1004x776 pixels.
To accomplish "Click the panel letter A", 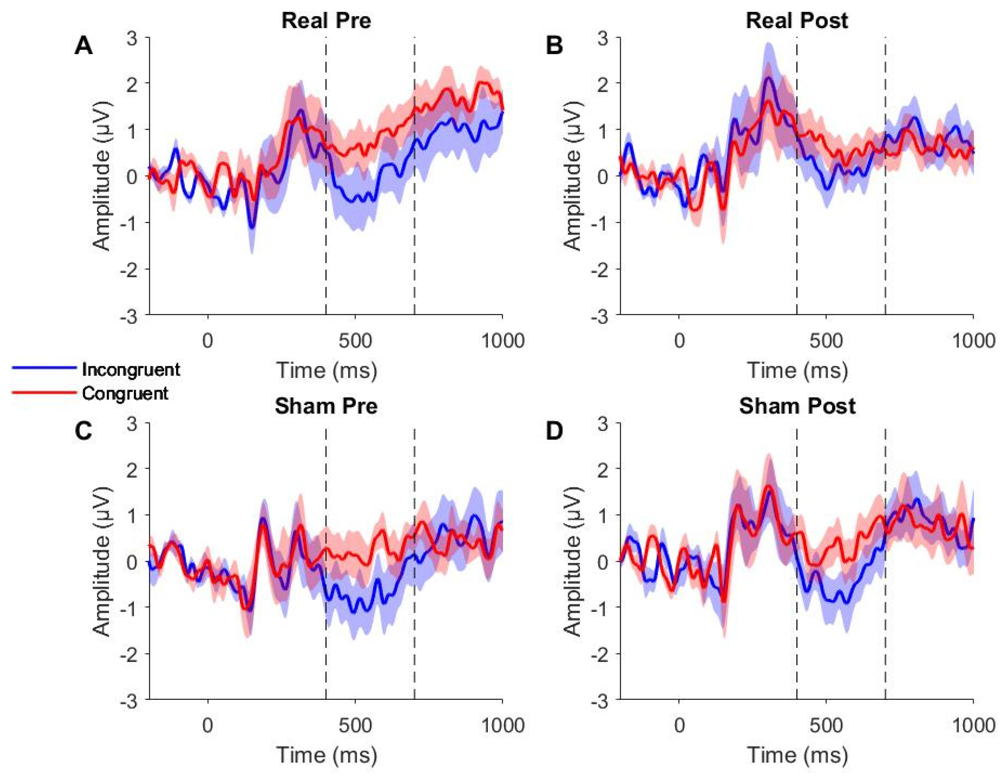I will click(x=83, y=46).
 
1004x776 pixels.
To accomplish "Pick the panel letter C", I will click(x=83, y=432).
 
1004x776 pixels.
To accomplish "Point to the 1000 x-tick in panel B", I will click(x=972, y=341).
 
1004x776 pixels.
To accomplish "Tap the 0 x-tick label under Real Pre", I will click(x=208, y=341).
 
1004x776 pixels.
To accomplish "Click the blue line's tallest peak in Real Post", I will click(x=767, y=78).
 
